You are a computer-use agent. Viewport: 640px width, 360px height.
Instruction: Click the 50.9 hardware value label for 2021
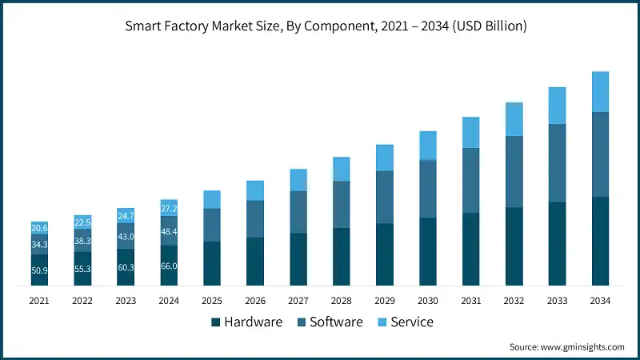click(x=39, y=270)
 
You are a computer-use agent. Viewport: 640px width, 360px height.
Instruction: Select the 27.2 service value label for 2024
click(x=169, y=209)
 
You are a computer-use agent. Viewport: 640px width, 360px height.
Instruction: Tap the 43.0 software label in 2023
click(x=126, y=237)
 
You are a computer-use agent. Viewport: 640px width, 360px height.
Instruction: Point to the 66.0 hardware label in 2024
click(x=169, y=266)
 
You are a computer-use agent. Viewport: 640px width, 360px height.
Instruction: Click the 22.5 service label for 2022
click(x=82, y=222)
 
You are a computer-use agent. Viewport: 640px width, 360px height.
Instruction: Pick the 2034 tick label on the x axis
click(x=600, y=301)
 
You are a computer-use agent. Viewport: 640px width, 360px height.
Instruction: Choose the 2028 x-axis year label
click(x=341, y=301)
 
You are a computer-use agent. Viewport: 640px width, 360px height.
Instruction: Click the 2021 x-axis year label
click(x=39, y=301)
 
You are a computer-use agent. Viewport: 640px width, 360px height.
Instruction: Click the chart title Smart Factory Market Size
click(x=326, y=26)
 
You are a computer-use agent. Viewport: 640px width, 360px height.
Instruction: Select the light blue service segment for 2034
click(x=600, y=91)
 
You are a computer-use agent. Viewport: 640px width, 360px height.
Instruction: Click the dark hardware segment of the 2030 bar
click(x=428, y=251)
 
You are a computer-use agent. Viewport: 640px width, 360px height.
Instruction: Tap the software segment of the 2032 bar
click(x=514, y=171)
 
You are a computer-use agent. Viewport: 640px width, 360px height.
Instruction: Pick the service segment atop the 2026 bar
click(x=255, y=190)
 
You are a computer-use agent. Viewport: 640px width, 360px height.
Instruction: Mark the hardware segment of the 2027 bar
click(x=298, y=259)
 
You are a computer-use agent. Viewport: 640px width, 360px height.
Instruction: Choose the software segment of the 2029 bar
click(x=385, y=197)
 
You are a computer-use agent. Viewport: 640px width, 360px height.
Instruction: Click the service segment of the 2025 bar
click(x=212, y=199)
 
